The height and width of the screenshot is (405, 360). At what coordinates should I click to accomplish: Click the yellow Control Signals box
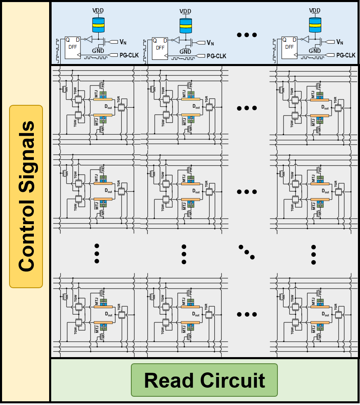click(26, 196)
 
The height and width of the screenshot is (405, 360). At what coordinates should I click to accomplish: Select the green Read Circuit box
click(204, 380)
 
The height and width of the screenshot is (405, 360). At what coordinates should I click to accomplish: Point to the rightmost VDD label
click(315, 10)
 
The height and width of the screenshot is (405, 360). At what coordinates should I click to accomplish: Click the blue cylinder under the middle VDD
click(186, 26)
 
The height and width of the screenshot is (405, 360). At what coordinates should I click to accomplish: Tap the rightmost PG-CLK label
click(346, 55)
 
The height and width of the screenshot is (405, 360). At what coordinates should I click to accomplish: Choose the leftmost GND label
click(98, 50)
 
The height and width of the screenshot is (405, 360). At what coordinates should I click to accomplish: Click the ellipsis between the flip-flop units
click(247, 35)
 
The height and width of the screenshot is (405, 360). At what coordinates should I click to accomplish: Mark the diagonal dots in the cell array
click(247, 252)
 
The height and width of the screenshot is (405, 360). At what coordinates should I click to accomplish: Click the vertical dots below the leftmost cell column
click(97, 252)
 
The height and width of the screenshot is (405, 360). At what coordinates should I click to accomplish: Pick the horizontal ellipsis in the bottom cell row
click(247, 314)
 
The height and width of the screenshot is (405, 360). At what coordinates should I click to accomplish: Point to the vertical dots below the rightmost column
click(313, 253)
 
